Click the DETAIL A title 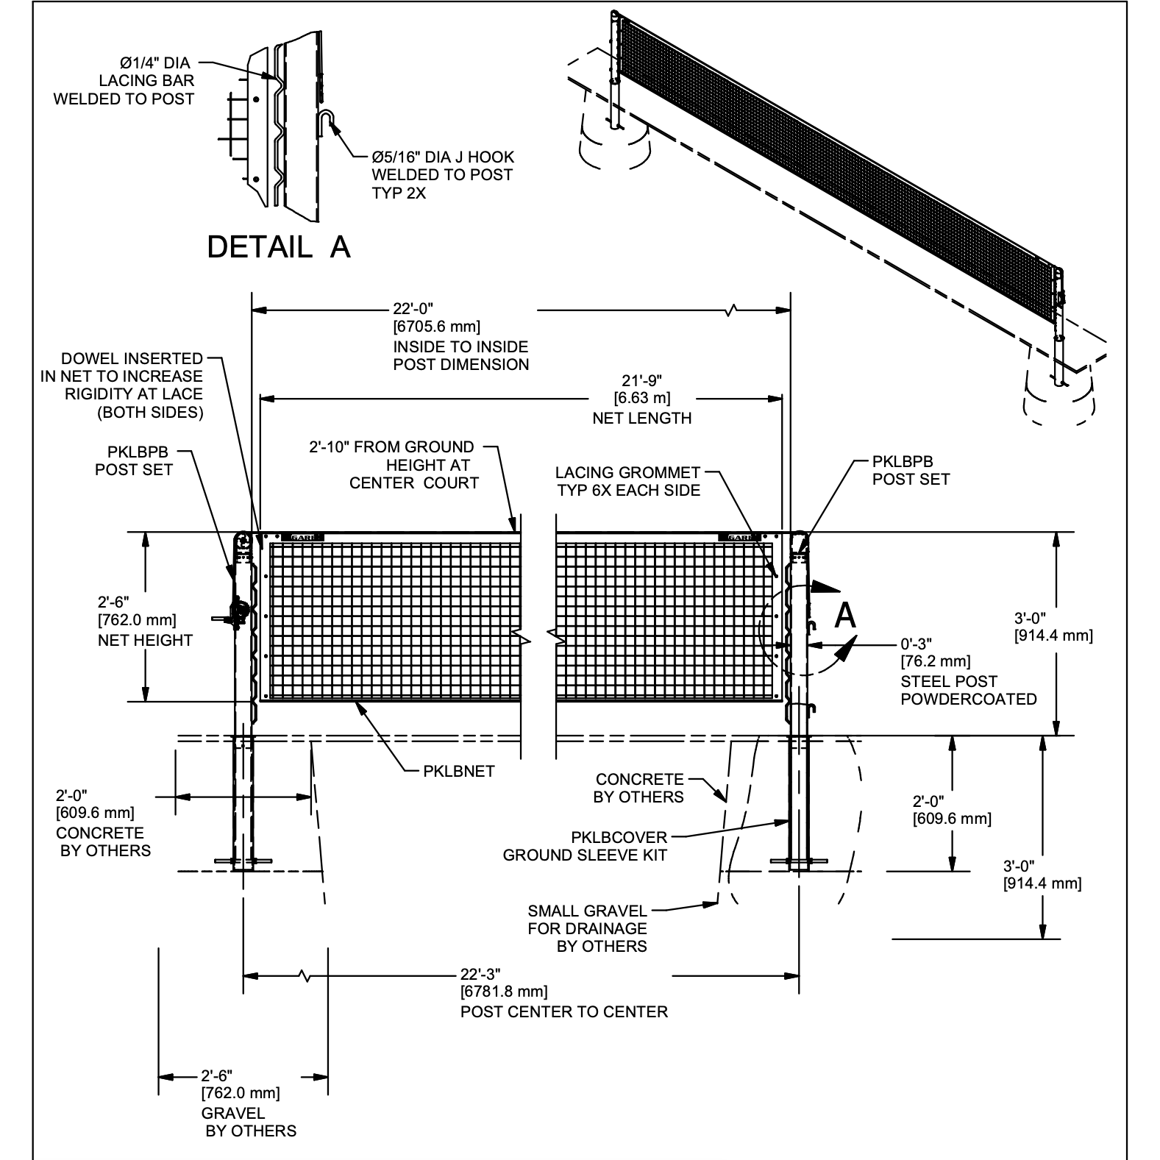[x=278, y=247]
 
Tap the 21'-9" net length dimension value [x=642, y=381]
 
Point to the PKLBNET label [x=459, y=772]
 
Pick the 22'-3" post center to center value [x=481, y=974]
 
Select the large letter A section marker [x=846, y=615]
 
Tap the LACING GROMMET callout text [x=628, y=481]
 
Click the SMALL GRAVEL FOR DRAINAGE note [x=587, y=928]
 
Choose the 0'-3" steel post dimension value [x=916, y=645]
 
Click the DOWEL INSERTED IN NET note [x=122, y=385]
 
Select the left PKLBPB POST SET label [x=134, y=460]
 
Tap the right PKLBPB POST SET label [x=911, y=470]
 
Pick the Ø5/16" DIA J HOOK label [x=443, y=175]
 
